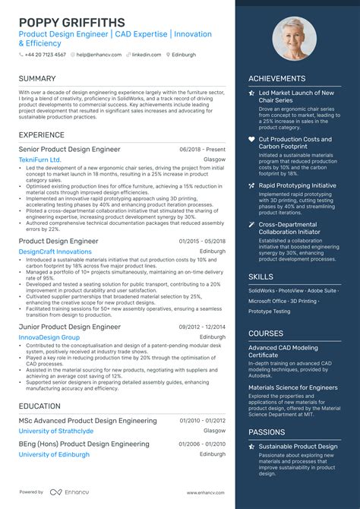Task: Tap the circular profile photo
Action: click(295, 39)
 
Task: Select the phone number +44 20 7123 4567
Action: click(44, 55)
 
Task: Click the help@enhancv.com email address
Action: click(95, 55)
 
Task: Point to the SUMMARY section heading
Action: click(37, 78)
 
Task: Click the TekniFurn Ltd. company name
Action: click(39, 160)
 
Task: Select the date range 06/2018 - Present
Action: click(203, 150)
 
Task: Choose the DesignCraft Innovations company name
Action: click(55, 251)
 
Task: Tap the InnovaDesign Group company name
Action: click(49, 337)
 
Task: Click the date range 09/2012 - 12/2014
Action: click(203, 327)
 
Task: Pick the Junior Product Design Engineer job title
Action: click(70, 327)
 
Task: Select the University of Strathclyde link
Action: click(56, 431)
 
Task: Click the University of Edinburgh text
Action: click(54, 454)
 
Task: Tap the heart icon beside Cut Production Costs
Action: click(252, 140)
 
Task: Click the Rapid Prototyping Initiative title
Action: click(297, 185)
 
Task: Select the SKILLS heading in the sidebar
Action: click(261, 277)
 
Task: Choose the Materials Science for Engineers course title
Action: click(293, 387)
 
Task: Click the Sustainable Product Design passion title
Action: click(298, 447)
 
